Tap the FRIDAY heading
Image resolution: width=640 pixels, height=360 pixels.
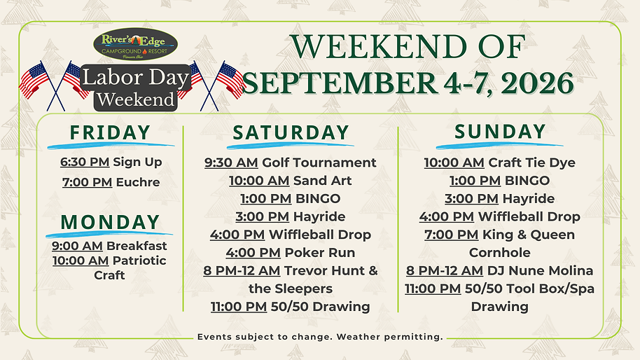111,132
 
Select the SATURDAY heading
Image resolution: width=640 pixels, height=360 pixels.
291,132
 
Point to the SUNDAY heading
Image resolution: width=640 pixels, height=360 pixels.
500,131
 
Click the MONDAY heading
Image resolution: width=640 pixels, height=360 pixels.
110,222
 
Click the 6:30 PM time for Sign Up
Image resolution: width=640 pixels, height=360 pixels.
85,162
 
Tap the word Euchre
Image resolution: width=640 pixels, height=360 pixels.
137,182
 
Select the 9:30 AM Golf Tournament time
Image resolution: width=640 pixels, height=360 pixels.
231,162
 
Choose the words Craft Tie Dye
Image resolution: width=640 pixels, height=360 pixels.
531,162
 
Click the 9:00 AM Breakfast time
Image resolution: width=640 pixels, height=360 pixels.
77,246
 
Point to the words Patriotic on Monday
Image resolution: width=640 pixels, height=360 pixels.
139,261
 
